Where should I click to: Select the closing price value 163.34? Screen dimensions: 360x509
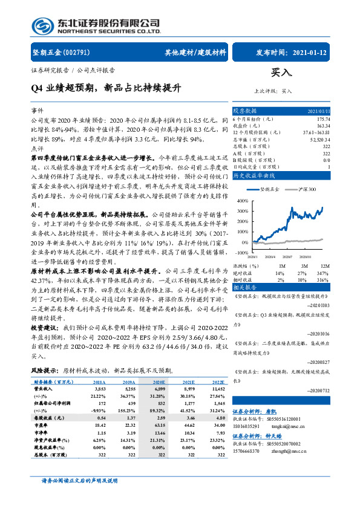point(323,125)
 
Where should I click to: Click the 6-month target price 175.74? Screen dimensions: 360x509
point(322,119)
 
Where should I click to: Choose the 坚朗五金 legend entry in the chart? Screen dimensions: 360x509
point(264,189)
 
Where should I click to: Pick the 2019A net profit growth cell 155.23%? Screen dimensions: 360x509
point(126,409)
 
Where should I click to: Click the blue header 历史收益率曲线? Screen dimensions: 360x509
point(254,175)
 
